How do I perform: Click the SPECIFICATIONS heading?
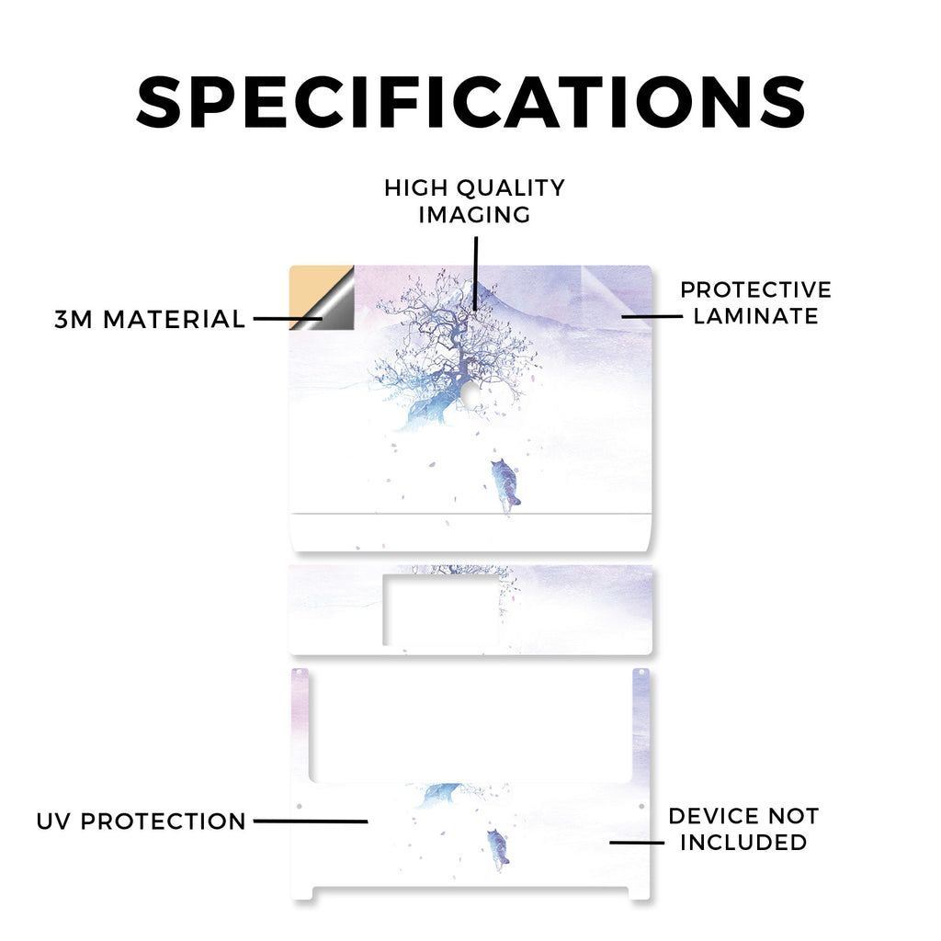pos(470,102)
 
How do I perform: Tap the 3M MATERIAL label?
pos(150,319)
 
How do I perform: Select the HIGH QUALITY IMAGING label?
pos(475,201)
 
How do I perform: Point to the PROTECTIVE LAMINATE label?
pos(755,302)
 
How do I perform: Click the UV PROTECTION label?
pos(141,821)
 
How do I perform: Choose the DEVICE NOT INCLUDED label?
pos(743,829)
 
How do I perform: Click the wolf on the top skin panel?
pos(505,485)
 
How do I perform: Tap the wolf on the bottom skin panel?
pos(498,849)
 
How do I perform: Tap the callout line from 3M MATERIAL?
pos(288,319)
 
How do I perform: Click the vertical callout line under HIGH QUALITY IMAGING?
pos(475,274)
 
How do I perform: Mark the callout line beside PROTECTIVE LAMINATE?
pos(652,316)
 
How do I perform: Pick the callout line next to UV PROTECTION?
pos(311,821)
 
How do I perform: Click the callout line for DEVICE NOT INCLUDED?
pos(637,842)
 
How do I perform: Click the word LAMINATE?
pos(755,316)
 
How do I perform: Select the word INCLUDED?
pos(743,842)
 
